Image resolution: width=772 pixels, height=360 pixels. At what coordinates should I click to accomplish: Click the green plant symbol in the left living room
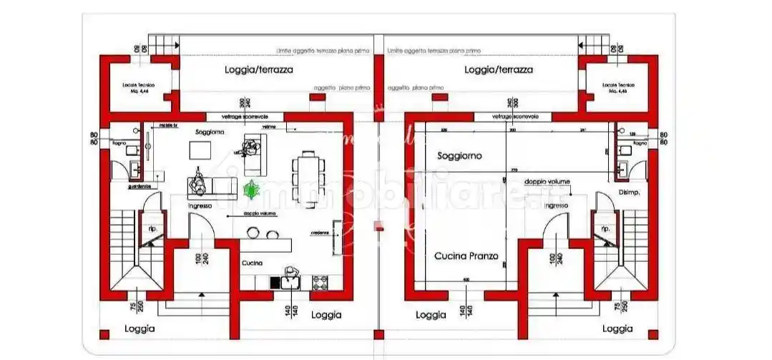[251, 190]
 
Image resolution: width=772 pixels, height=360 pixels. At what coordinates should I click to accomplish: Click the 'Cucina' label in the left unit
[251, 263]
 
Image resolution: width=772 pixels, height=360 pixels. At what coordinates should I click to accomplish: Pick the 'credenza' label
[319, 233]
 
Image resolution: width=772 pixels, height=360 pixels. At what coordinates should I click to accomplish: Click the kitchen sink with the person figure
[291, 278]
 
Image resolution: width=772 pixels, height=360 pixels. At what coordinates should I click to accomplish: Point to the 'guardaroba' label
[139, 186]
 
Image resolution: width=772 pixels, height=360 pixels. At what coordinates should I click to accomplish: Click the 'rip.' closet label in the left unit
[152, 228]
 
